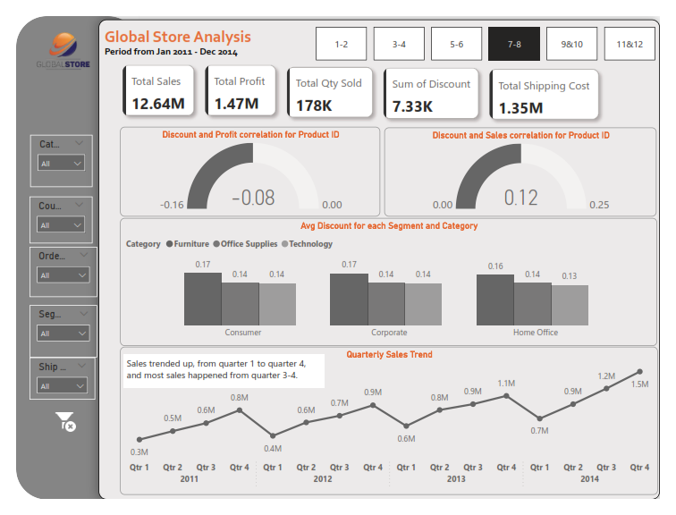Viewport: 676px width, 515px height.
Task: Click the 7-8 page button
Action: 514,43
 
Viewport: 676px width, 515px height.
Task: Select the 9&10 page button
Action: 571,43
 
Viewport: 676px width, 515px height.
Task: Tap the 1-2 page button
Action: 342,43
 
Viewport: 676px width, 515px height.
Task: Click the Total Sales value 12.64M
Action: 158,104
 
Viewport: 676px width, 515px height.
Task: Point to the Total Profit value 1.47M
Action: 236,104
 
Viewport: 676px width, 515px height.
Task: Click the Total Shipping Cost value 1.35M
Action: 520,107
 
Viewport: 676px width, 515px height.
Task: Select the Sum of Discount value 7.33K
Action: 412,106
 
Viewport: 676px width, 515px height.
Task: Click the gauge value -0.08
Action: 254,198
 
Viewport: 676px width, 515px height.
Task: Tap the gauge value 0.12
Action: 520,198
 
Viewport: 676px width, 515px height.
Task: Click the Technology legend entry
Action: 310,244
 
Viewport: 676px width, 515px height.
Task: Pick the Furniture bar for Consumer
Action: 203,299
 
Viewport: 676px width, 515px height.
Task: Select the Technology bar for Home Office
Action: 570,305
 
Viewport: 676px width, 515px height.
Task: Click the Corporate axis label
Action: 389,333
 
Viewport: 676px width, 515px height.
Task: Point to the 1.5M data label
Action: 639,384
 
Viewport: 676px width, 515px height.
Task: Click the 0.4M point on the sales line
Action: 273,435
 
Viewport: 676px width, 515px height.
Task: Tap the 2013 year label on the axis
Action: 456,479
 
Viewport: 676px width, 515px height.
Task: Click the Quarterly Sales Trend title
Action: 389,355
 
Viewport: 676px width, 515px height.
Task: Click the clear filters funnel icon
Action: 64,422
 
